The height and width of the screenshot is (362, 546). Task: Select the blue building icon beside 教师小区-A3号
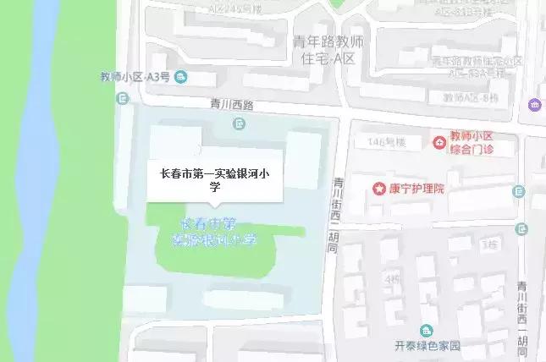tap(181, 78)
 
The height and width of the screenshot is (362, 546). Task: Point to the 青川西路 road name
tap(232, 106)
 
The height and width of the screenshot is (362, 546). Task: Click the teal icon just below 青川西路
tap(240, 124)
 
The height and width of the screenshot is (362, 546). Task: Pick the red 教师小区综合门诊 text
tap(481, 142)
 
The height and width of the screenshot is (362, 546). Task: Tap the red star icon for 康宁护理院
tap(378, 187)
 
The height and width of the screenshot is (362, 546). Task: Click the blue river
tap(47, 186)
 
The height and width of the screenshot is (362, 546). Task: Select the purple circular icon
tap(535, 105)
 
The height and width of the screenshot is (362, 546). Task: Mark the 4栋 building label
tap(390, 277)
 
